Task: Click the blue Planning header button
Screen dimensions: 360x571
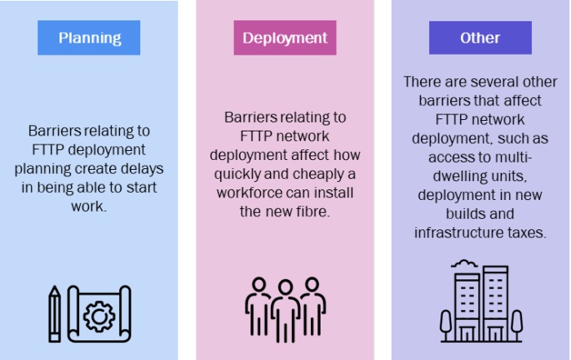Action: tap(90, 38)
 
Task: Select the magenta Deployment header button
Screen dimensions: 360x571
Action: tap(285, 38)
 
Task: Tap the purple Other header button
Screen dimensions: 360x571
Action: tap(480, 38)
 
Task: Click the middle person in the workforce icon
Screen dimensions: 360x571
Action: tap(285, 311)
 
